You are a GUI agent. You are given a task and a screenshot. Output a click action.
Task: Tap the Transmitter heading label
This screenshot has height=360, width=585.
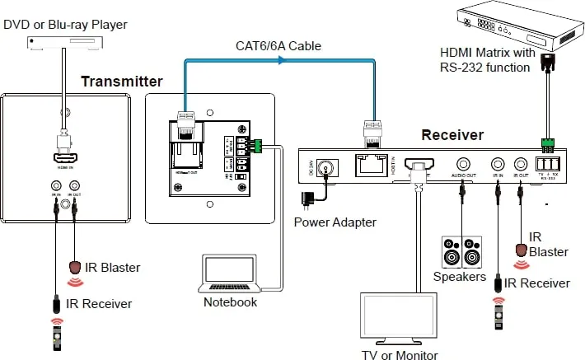(x=122, y=82)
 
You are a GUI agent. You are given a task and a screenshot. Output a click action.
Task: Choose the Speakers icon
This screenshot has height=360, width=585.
(x=461, y=253)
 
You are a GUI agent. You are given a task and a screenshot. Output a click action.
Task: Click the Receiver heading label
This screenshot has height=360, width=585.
(x=452, y=134)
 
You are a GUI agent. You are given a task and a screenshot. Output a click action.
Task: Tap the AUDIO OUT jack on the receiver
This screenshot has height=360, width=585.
(x=463, y=165)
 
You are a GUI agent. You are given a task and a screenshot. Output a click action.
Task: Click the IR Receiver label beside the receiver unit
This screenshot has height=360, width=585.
(x=536, y=283)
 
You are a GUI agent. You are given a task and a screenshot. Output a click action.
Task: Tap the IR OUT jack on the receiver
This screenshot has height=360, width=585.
(x=521, y=164)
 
